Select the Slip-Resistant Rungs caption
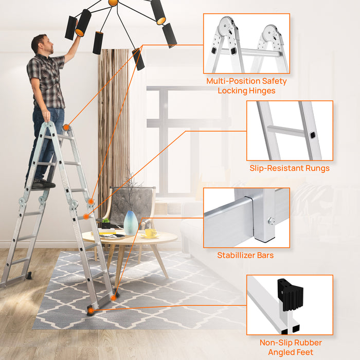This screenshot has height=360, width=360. (x=290, y=168)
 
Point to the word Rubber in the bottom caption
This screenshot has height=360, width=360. (x=307, y=343)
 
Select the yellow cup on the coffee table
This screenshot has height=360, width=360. (x=150, y=233)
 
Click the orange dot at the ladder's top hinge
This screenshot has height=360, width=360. (x=66, y=127)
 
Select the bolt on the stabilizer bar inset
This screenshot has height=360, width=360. (x=270, y=222)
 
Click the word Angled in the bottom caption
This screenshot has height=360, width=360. (x=282, y=352)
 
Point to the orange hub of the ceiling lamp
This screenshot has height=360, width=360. (x=113, y=3)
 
